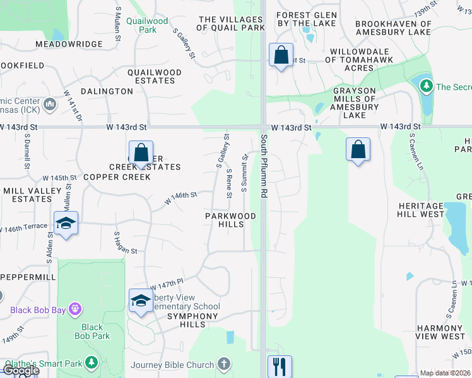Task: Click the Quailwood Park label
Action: pyautogui.click(x=147, y=25)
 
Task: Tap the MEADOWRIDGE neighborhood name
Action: pyautogui.click(x=69, y=44)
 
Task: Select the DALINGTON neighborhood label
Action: pyautogui.click(x=107, y=91)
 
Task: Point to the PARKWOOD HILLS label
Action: pyautogui.click(x=230, y=220)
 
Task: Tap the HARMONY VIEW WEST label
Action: pyautogui.click(x=440, y=332)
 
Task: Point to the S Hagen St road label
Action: pyautogui.click(x=125, y=243)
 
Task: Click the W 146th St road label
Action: pyautogui.click(x=181, y=198)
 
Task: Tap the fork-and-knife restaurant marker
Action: pyautogui.click(x=280, y=366)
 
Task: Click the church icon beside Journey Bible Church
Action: pyautogui.click(x=224, y=364)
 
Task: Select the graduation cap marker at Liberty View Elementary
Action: pyautogui.click(x=141, y=301)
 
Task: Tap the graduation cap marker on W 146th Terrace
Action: pyautogui.click(x=66, y=223)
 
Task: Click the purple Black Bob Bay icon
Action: pyautogui.click(x=75, y=309)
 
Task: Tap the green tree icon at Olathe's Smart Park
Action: pyautogui.click(x=91, y=363)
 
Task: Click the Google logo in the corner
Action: pyautogui.click(x=20, y=370)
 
